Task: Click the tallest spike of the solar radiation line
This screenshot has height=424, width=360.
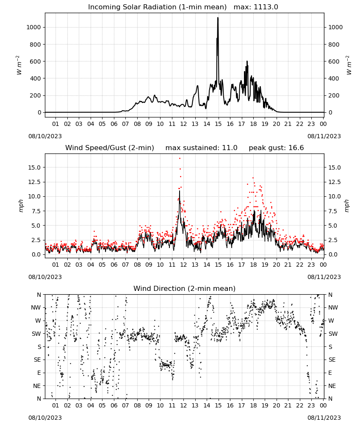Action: click(218, 18)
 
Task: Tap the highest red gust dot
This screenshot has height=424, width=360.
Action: click(180, 158)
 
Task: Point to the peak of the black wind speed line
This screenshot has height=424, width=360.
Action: click(179, 191)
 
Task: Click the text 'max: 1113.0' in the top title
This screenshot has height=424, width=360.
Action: click(256, 7)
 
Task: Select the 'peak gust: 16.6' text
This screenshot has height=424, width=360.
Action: click(276, 148)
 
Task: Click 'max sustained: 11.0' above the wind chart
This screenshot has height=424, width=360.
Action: click(202, 148)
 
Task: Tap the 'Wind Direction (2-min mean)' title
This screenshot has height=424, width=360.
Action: click(185, 288)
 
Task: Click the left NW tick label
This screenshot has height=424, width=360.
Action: click(36, 308)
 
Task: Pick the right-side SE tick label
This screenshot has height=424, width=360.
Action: click(332, 360)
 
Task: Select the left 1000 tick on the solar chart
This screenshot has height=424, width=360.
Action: click(33, 27)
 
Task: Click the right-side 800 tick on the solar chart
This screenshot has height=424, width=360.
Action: click(334, 45)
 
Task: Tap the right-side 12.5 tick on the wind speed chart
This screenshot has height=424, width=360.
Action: click(334, 182)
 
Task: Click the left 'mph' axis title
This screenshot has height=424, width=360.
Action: click(21, 206)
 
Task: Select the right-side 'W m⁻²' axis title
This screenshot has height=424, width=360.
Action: click(349, 65)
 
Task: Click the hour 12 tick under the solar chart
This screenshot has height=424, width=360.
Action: click(183, 124)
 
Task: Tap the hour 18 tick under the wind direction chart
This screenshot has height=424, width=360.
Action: click(253, 406)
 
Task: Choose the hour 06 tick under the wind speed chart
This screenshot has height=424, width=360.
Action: click(114, 265)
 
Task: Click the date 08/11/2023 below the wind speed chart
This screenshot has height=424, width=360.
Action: click(324, 277)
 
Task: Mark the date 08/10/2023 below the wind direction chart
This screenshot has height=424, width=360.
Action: click(45, 418)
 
